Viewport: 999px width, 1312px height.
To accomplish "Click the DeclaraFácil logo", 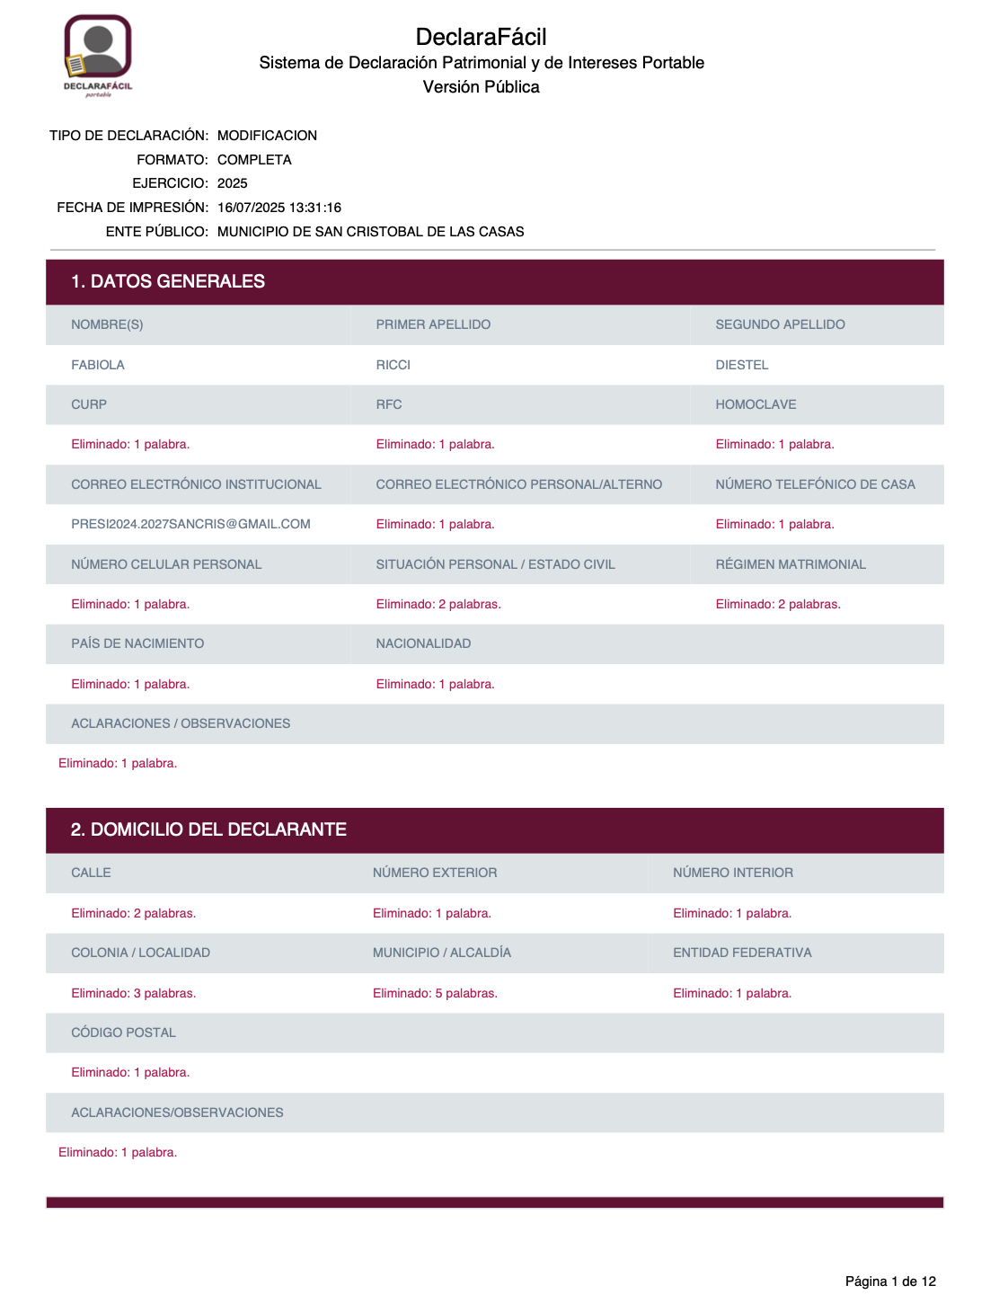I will (98, 55).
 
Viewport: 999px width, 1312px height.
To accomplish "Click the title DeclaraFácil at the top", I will (481, 37).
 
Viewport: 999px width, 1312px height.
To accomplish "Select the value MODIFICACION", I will (267, 136).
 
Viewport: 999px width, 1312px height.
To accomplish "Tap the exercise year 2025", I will (232, 183).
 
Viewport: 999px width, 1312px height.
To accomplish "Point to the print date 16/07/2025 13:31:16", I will (278, 208).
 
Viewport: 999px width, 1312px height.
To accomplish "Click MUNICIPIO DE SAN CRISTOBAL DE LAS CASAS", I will (370, 232).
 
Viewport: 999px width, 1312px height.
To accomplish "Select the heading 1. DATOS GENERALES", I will (168, 281).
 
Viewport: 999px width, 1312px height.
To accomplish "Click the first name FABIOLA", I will (98, 365).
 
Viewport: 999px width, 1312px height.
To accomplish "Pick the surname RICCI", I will (393, 365).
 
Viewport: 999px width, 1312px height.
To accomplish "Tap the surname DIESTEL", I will (741, 365).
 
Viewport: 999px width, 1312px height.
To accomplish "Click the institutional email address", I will (190, 524).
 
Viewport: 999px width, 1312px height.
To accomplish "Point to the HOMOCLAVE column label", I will (756, 404).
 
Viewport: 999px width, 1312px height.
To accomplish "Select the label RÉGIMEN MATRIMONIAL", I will (790, 564).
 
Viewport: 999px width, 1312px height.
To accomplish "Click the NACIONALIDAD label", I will (423, 643).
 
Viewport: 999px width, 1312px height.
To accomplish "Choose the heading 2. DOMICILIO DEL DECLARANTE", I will (208, 829).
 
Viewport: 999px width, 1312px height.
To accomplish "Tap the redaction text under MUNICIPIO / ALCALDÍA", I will (435, 993).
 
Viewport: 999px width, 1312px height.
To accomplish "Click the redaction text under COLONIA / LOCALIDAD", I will (133, 993).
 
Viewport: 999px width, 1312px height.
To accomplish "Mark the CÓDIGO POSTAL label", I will (123, 1033).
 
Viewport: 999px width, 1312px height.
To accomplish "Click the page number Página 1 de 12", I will (889, 1281).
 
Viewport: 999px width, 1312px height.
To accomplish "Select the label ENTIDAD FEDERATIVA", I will (741, 953).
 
